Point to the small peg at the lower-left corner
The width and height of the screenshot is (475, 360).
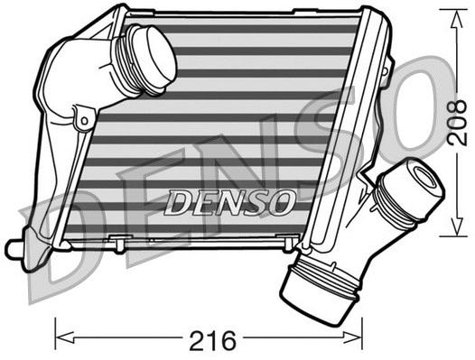(x=13, y=246)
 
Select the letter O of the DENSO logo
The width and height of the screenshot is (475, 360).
(x=282, y=200)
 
